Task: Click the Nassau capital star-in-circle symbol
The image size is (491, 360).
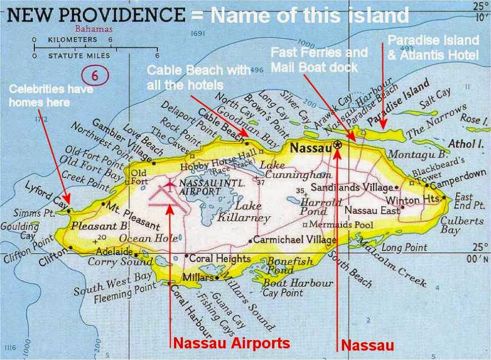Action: point(337,145)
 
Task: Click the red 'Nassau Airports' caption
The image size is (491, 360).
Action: point(232,343)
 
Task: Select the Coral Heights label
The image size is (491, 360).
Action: point(220,258)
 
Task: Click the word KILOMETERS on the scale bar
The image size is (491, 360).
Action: point(73,40)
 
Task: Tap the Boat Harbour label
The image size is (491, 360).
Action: point(298,283)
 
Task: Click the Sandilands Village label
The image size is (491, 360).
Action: point(353,187)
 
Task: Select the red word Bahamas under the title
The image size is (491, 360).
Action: point(94,28)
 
